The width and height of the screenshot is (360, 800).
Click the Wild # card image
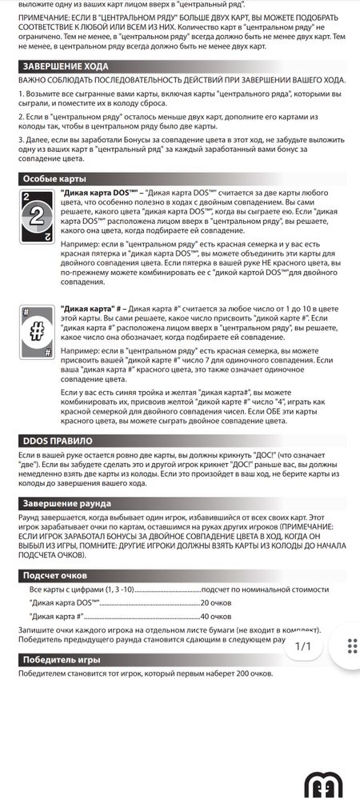click(36, 330)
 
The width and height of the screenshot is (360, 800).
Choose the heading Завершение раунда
click(66, 503)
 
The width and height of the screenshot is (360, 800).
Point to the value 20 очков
click(216, 602)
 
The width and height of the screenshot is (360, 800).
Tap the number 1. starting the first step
click(21, 95)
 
